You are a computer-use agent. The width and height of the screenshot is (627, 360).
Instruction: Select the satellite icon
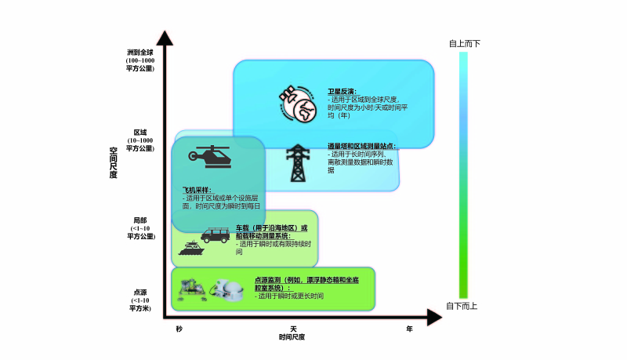pyautogui.click(x=297, y=104)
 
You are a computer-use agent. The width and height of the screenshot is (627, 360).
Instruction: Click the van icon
pyautogui.click(x=216, y=233)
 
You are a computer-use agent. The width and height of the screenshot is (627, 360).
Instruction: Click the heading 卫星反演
pyautogui.click(x=342, y=92)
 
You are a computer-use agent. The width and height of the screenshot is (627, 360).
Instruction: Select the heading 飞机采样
pyautogui.click(x=198, y=190)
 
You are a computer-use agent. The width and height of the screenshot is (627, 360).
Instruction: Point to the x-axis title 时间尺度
pyautogui.click(x=292, y=337)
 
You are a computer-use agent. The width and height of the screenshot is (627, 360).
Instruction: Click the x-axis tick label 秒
pyautogui.click(x=179, y=329)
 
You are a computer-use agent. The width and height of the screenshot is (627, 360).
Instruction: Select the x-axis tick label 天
pyautogui.click(x=293, y=329)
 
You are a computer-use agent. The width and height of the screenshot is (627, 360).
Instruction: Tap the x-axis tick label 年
pyautogui.click(x=409, y=329)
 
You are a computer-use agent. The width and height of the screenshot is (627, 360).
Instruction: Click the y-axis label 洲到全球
pyautogui.click(x=141, y=52)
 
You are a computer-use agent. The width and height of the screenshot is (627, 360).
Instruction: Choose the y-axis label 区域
pyautogui.click(x=140, y=133)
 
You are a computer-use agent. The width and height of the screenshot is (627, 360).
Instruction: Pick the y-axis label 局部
pyautogui.click(x=141, y=222)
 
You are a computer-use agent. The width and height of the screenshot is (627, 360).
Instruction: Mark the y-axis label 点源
pyautogui.click(x=140, y=292)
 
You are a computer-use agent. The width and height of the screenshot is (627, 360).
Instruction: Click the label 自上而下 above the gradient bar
pyautogui.click(x=463, y=43)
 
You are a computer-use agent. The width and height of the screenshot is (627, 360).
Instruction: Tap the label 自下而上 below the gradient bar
pyautogui.click(x=463, y=306)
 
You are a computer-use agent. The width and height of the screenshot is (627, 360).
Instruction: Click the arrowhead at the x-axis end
pyautogui.click(x=434, y=317)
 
